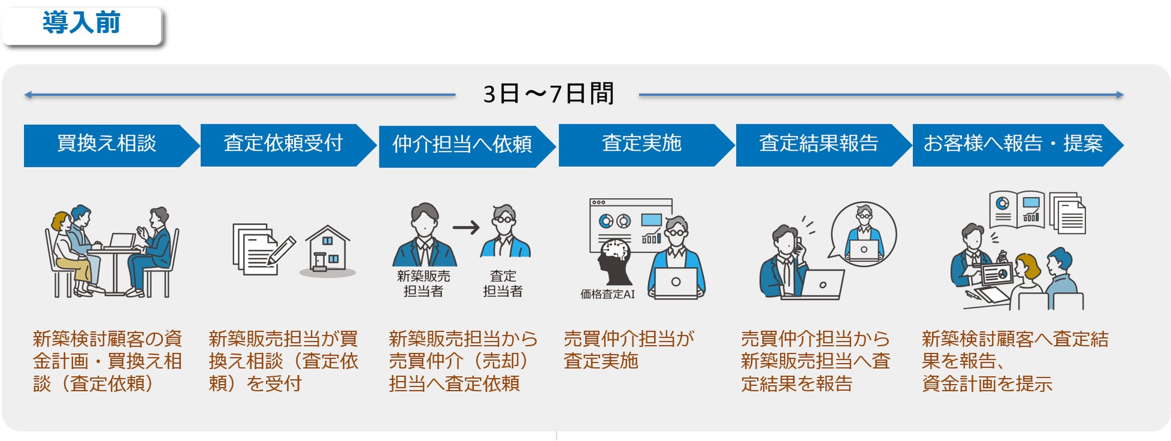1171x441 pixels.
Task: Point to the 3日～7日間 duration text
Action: tap(548, 94)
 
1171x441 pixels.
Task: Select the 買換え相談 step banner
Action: tap(106, 144)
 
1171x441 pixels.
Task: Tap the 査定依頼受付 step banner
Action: tap(283, 144)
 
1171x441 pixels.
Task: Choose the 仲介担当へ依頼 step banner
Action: tap(462, 145)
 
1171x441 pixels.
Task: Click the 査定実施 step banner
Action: tap(641, 144)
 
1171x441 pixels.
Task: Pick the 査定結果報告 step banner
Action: tap(818, 144)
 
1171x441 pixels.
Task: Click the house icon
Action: tap(327, 251)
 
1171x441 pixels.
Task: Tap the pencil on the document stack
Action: tap(282, 249)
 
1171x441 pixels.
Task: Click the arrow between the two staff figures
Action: tap(466, 228)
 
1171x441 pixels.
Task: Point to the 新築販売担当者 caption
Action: tap(423, 284)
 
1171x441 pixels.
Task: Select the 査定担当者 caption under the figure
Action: tap(503, 284)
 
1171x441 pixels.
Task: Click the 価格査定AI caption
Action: tap(607, 294)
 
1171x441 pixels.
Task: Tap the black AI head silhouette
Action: tap(614, 262)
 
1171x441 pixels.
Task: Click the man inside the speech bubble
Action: tap(864, 234)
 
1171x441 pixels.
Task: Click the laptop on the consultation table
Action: tap(122, 241)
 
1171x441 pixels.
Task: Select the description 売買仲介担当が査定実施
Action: tap(628, 350)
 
